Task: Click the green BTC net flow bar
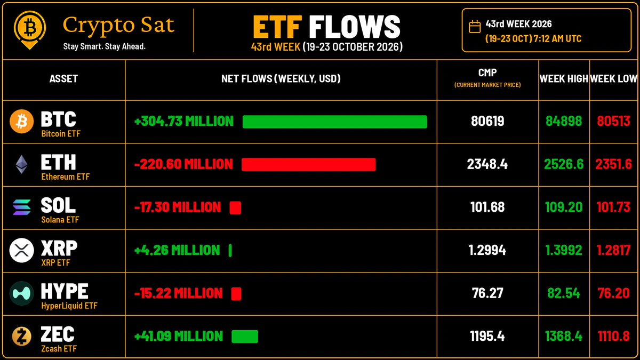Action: click(x=334, y=122)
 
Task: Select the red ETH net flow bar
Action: click(x=308, y=164)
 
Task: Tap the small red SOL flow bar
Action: click(x=235, y=207)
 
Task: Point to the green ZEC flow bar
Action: click(x=245, y=337)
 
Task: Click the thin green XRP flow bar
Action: click(x=230, y=251)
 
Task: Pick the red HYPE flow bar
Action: click(x=236, y=294)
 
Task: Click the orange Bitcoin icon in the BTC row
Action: click(x=21, y=121)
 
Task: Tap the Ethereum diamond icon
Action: click(x=21, y=164)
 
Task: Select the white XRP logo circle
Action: click(x=21, y=250)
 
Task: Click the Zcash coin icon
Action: click(x=21, y=337)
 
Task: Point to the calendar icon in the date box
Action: click(x=475, y=27)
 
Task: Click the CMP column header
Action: click(x=487, y=73)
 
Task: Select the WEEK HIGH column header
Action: click(x=564, y=78)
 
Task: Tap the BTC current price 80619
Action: click(x=487, y=121)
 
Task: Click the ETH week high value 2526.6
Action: click(x=564, y=164)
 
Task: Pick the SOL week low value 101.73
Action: click(x=613, y=207)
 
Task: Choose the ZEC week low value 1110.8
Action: click(x=613, y=336)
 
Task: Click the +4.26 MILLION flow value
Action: click(x=177, y=250)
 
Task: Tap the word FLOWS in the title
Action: click(x=355, y=27)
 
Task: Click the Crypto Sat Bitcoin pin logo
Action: click(x=30, y=30)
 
